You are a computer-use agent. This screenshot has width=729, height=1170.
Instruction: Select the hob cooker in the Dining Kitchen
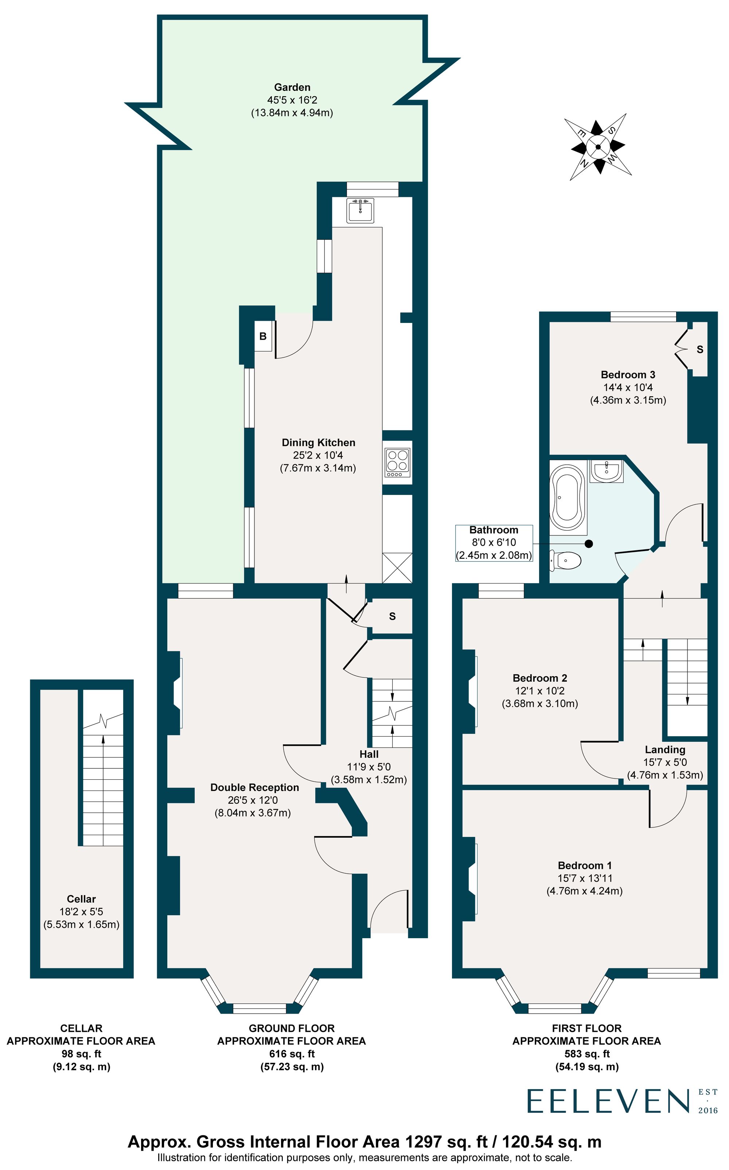397,462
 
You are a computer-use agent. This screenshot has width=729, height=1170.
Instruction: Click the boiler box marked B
263,336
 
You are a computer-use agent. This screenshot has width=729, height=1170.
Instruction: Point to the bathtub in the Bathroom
568,497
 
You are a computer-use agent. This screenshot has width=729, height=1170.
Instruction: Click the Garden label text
292,87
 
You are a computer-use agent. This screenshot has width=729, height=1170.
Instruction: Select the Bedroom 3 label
628,375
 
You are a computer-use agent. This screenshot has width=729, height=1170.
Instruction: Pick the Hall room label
369,754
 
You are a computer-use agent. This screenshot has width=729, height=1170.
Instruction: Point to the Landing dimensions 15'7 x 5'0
665,762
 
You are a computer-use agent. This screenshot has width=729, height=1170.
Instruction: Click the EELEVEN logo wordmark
608,1101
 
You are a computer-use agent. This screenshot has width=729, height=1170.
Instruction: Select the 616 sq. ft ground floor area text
292,1054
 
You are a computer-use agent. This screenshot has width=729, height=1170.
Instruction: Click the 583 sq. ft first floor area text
587,1054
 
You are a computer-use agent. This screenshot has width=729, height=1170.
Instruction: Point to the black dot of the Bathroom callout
589,544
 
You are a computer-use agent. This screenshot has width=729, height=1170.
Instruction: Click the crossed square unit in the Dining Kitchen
397,568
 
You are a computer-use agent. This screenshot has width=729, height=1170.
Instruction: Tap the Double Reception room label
254,787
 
